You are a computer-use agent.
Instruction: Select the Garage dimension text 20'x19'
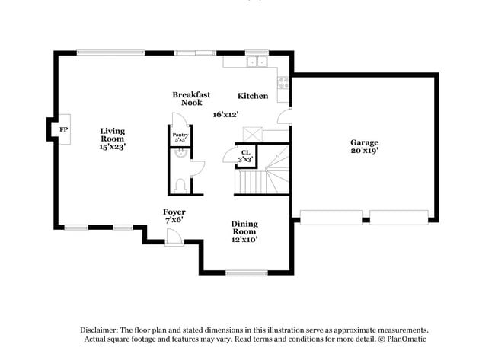point(364,151)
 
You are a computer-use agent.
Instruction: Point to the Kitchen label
point(253,96)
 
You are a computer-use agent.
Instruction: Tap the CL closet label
point(245,152)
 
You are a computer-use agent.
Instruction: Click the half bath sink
point(180,151)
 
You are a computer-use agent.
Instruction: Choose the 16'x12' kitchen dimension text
point(226,114)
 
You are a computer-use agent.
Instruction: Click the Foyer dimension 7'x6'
point(174,220)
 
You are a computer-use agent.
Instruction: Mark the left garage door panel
point(331,216)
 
